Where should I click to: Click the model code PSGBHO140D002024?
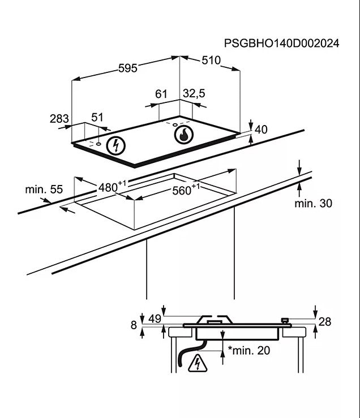coord(281,43)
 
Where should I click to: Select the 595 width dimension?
coord(128,68)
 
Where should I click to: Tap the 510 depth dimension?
coord(211,61)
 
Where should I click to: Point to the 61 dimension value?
coord(161,94)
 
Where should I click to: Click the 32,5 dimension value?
coord(194,94)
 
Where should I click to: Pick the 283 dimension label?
coord(59,119)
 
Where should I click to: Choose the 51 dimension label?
coord(98,117)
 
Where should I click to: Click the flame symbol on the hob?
coord(183,136)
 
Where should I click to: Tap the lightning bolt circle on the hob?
coord(117,145)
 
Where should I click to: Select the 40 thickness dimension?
coord(260,130)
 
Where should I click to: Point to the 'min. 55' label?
coord(44,189)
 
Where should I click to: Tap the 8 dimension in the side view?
coord(134,325)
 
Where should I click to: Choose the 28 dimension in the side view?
coord(324,322)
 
